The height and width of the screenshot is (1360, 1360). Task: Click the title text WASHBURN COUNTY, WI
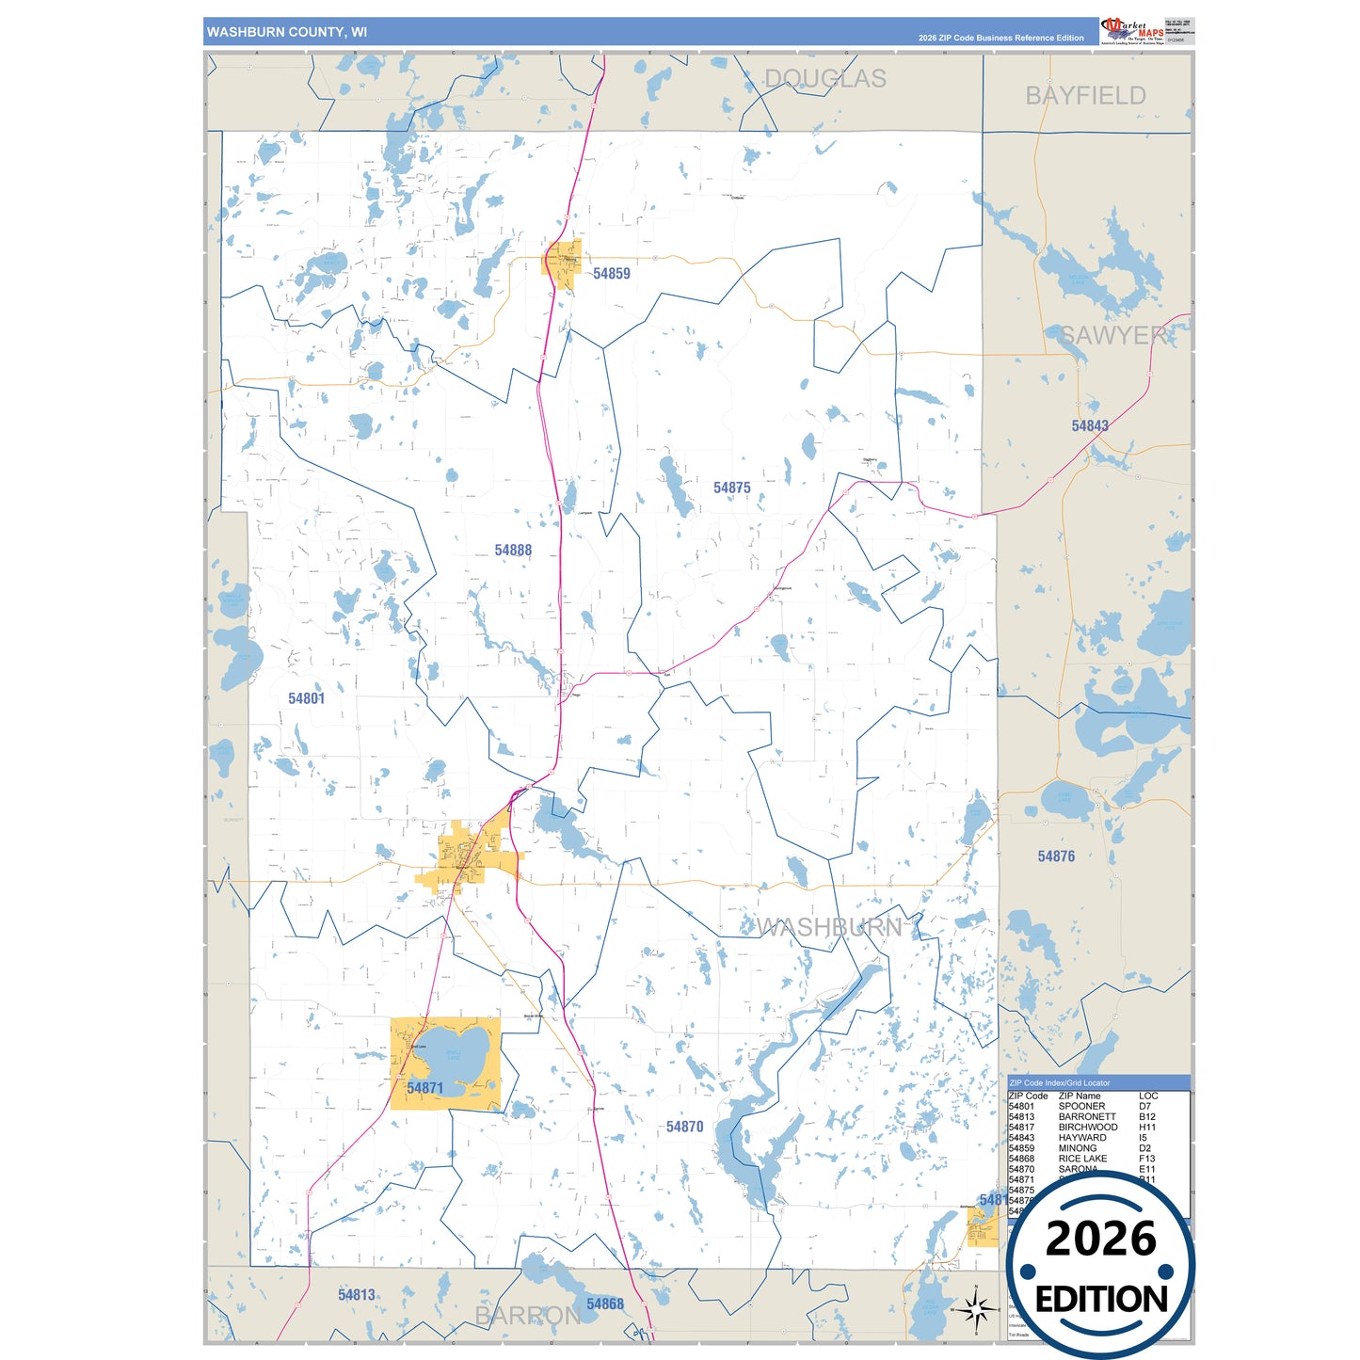pos(287,32)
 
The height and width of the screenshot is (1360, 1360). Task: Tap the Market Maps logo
pos(1132,30)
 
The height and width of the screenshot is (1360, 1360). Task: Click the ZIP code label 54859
pos(611,274)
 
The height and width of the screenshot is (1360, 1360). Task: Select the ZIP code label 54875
pos(731,488)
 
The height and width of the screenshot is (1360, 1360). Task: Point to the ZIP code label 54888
pos(513,551)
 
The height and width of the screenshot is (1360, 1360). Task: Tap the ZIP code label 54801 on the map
pos(306,698)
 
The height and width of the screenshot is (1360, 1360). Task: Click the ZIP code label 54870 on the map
pos(684,1127)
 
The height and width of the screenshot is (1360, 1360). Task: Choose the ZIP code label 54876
pos(1056,856)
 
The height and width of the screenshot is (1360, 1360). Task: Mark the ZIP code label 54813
pos(357,1295)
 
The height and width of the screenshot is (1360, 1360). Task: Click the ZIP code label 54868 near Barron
pos(604,1304)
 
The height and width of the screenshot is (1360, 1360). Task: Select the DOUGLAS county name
pos(824,79)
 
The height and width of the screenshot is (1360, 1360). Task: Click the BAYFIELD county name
pos(1085,96)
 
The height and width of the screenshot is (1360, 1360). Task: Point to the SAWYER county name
pos(1113,336)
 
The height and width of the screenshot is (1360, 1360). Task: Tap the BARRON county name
pos(527,1316)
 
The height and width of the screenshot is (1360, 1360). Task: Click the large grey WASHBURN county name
pos(829,928)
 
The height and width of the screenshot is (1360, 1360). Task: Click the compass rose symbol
pos(976,1308)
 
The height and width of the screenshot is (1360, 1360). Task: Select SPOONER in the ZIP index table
pos(1081,1107)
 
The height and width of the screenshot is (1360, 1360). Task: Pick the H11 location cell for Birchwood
pos(1147,1128)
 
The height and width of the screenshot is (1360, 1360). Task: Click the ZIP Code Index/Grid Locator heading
pos(1059,1083)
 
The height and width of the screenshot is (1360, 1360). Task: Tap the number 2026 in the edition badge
pos(1100,1239)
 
